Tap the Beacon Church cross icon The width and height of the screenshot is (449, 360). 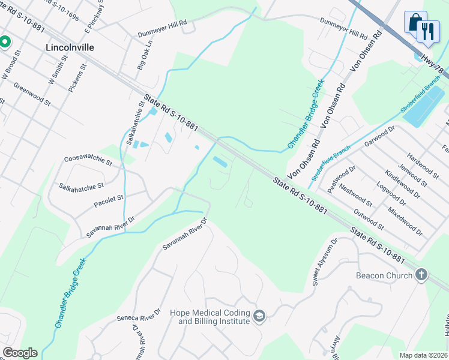[x=422, y=275]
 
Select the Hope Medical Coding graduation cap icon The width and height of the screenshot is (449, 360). [x=259, y=316]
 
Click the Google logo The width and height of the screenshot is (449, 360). [x=20, y=353]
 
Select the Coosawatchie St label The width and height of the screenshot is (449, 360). [x=88, y=161]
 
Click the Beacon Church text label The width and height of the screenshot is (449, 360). [x=384, y=275]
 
